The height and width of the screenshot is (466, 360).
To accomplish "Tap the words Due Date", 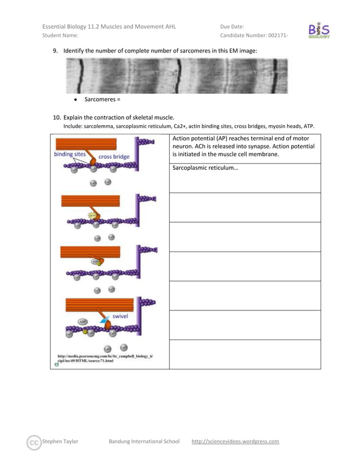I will click(232, 25).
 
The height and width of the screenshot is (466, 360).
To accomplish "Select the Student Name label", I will click(60, 36).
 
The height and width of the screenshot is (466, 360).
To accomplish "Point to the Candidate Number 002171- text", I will click(254, 36).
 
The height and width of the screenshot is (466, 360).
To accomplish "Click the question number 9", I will click(55, 51).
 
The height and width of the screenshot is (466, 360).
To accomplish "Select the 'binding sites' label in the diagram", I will click(70, 153).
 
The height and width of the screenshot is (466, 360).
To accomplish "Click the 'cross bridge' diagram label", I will click(114, 157).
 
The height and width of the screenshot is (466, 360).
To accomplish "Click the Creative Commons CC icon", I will click(34, 441).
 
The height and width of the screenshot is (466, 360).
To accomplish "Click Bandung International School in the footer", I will click(144, 441).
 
